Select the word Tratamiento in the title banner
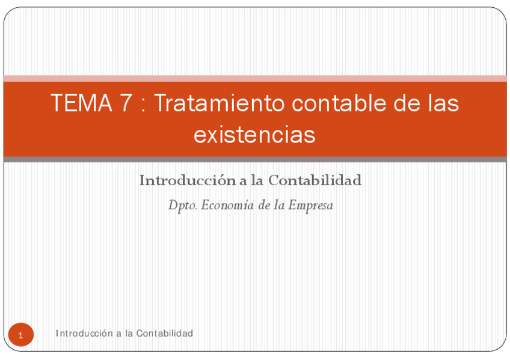(x=219, y=103)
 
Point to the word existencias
(x=254, y=135)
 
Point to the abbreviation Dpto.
(x=182, y=206)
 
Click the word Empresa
(x=310, y=206)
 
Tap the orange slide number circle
(x=21, y=335)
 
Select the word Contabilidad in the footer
(x=164, y=333)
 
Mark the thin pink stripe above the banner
(x=255, y=78)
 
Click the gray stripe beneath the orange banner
(x=255, y=159)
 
